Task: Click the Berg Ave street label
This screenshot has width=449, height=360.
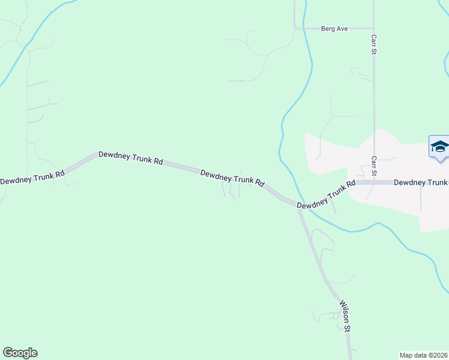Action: [335, 28]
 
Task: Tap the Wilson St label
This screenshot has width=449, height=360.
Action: [345, 316]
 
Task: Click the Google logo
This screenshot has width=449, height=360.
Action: [20, 353]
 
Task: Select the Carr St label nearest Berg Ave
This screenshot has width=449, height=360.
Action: [373, 44]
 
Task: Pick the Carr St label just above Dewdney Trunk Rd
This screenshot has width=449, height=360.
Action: [373, 166]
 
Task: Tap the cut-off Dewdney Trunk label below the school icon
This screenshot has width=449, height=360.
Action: [421, 182]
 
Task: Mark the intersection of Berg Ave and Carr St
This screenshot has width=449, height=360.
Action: [373, 28]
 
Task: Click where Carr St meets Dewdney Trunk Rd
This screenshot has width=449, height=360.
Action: [374, 182]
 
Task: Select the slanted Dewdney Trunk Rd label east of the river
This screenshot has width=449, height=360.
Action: [327, 195]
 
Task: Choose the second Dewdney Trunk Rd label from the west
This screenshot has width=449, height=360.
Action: [131, 158]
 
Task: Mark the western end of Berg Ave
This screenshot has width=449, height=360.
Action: [295, 28]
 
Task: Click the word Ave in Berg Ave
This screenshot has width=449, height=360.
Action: [342, 28]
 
